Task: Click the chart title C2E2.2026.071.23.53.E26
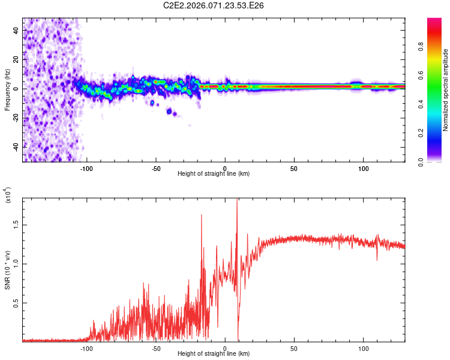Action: (214, 5)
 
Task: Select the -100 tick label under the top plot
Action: (86, 168)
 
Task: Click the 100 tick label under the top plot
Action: (363, 168)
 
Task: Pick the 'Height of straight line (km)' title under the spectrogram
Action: (214, 174)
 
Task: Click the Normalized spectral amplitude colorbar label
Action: (446, 90)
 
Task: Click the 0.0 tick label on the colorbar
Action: (437, 161)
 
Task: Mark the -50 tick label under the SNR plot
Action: (155, 347)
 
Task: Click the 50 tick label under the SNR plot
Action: (294, 347)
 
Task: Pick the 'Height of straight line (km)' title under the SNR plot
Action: (214, 354)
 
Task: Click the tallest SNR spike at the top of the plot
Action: (237, 200)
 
